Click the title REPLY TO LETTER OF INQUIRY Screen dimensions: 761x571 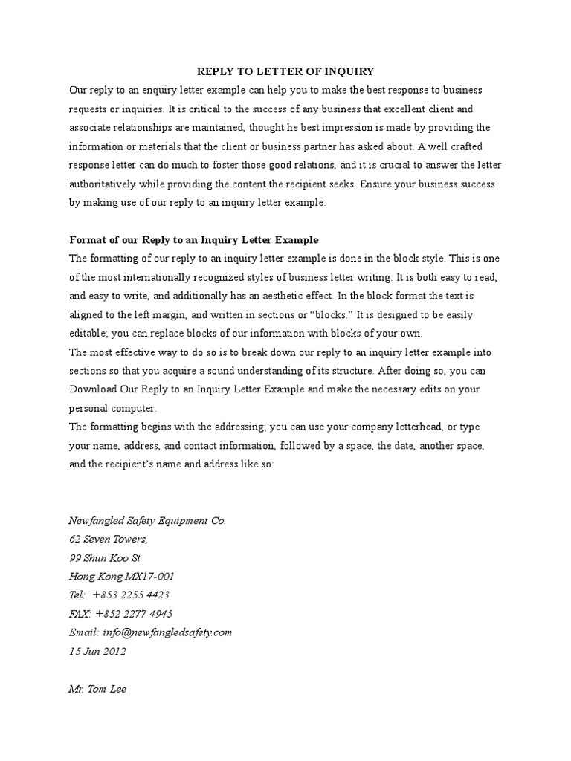(285, 71)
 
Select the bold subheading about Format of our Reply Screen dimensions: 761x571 (193, 240)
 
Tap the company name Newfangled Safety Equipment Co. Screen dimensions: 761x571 (147, 521)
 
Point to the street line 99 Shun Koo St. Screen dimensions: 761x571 (106, 558)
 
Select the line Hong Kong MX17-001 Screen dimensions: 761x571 (122, 577)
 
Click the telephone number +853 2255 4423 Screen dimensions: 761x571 (131, 595)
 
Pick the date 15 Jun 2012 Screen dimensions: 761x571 (97, 651)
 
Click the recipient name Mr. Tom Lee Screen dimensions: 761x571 (97, 689)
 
